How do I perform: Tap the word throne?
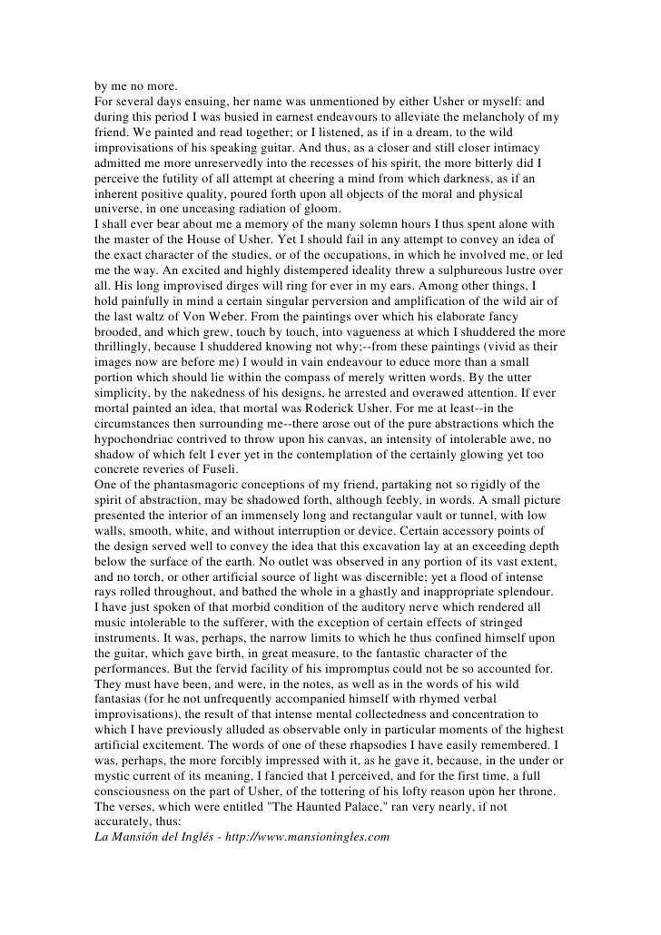click(x=543, y=780)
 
